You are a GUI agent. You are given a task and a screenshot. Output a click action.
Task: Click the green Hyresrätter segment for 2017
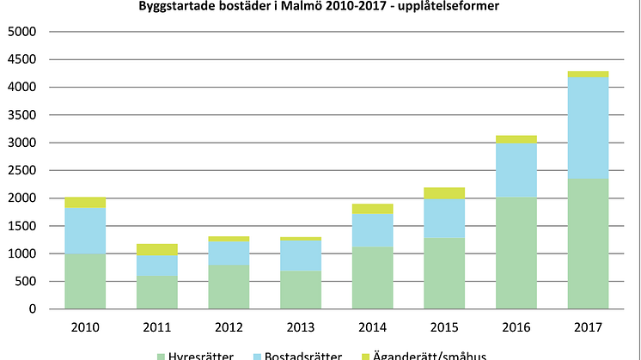pyautogui.click(x=588, y=243)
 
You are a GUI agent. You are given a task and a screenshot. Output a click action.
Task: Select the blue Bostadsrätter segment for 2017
pyautogui.click(x=588, y=127)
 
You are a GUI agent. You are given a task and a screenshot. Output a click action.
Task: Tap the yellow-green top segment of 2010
pyautogui.click(x=85, y=202)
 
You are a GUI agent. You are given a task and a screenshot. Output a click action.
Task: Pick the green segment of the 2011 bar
pyautogui.click(x=156, y=292)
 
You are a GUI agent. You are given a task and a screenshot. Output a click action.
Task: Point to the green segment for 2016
pyautogui.click(x=516, y=253)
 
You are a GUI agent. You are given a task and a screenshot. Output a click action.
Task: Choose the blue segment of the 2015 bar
pyautogui.click(x=444, y=218)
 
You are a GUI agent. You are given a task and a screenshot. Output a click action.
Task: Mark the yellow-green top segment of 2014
pyautogui.click(x=373, y=209)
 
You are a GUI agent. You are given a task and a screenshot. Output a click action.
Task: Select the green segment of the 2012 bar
pyautogui.click(x=229, y=286)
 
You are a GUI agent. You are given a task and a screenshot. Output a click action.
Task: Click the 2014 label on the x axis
pyautogui.click(x=373, y=326)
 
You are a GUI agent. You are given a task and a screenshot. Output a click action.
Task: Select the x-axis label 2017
pyautogui.click(x=588, y=326)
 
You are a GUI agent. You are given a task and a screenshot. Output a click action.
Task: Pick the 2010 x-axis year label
pyautogui.click(x=85, y=326)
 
